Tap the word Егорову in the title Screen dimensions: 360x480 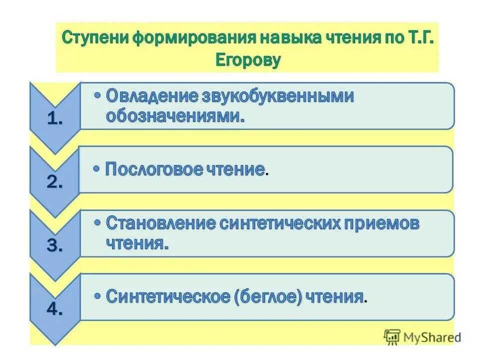coord(248,60)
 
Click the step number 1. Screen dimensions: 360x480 coord(54,119)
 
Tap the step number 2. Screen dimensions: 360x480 coord(54,182)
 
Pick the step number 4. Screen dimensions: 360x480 coord(54,309)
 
